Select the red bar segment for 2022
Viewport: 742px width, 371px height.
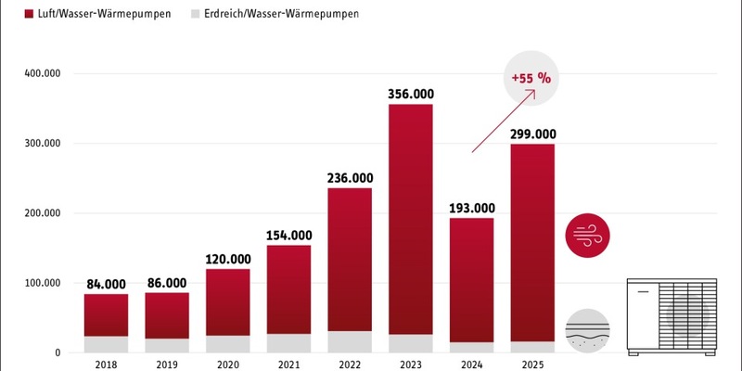click(x=350, y=260)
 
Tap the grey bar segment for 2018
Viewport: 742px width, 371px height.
click(x=106, y=344)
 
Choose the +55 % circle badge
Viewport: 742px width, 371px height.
click(x=532, y=79)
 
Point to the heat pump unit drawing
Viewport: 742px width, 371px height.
click(x=672, y=314)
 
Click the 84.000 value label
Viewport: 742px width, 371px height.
click(x=106, y=284)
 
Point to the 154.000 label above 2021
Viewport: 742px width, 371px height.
click(x=288, y=235)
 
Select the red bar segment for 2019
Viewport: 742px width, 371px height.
click(x=167, y=315)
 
